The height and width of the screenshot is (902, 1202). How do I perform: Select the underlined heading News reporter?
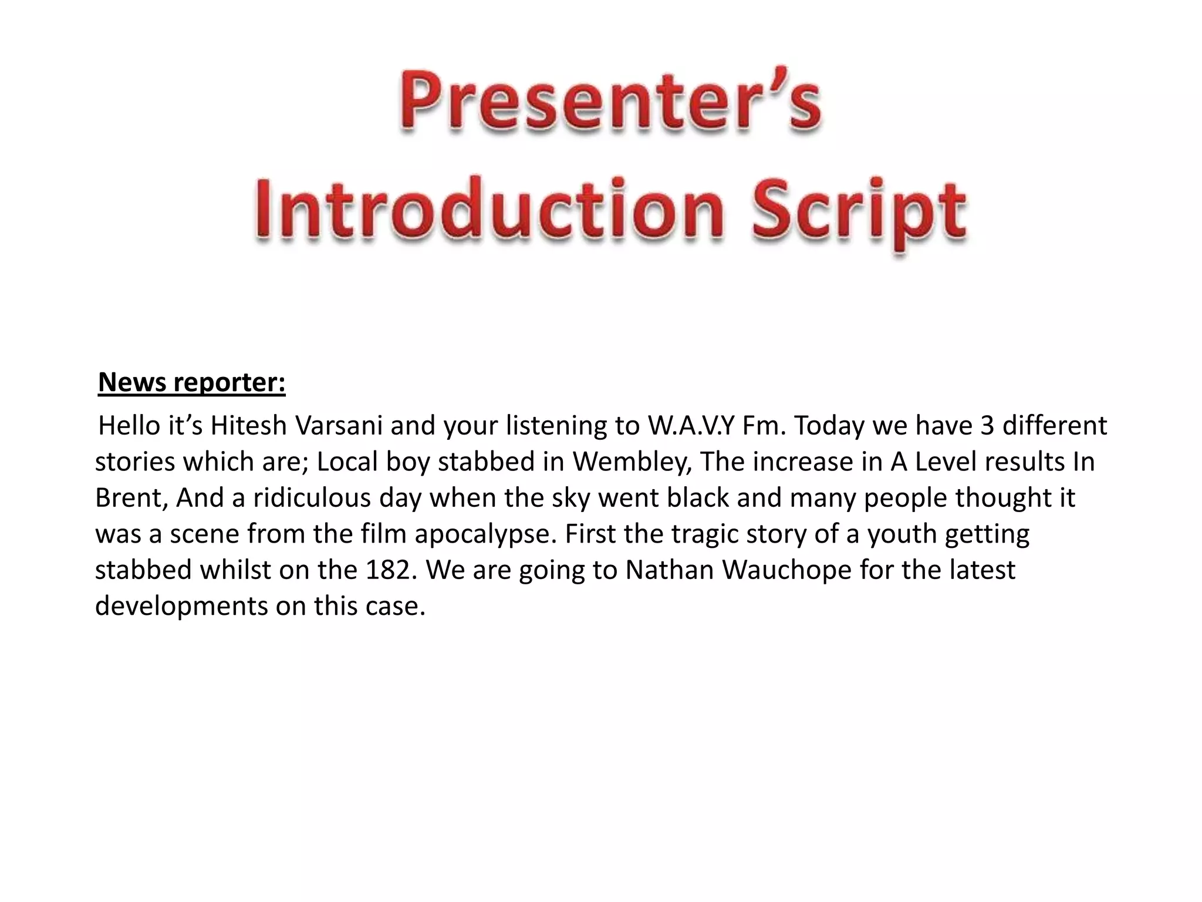191,382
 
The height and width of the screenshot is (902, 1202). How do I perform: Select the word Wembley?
630,462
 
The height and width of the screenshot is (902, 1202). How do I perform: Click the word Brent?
131,498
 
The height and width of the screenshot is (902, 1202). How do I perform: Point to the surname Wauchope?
786,570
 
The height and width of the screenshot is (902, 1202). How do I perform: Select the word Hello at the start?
129,426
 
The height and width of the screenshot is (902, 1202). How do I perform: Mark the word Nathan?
668,570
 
